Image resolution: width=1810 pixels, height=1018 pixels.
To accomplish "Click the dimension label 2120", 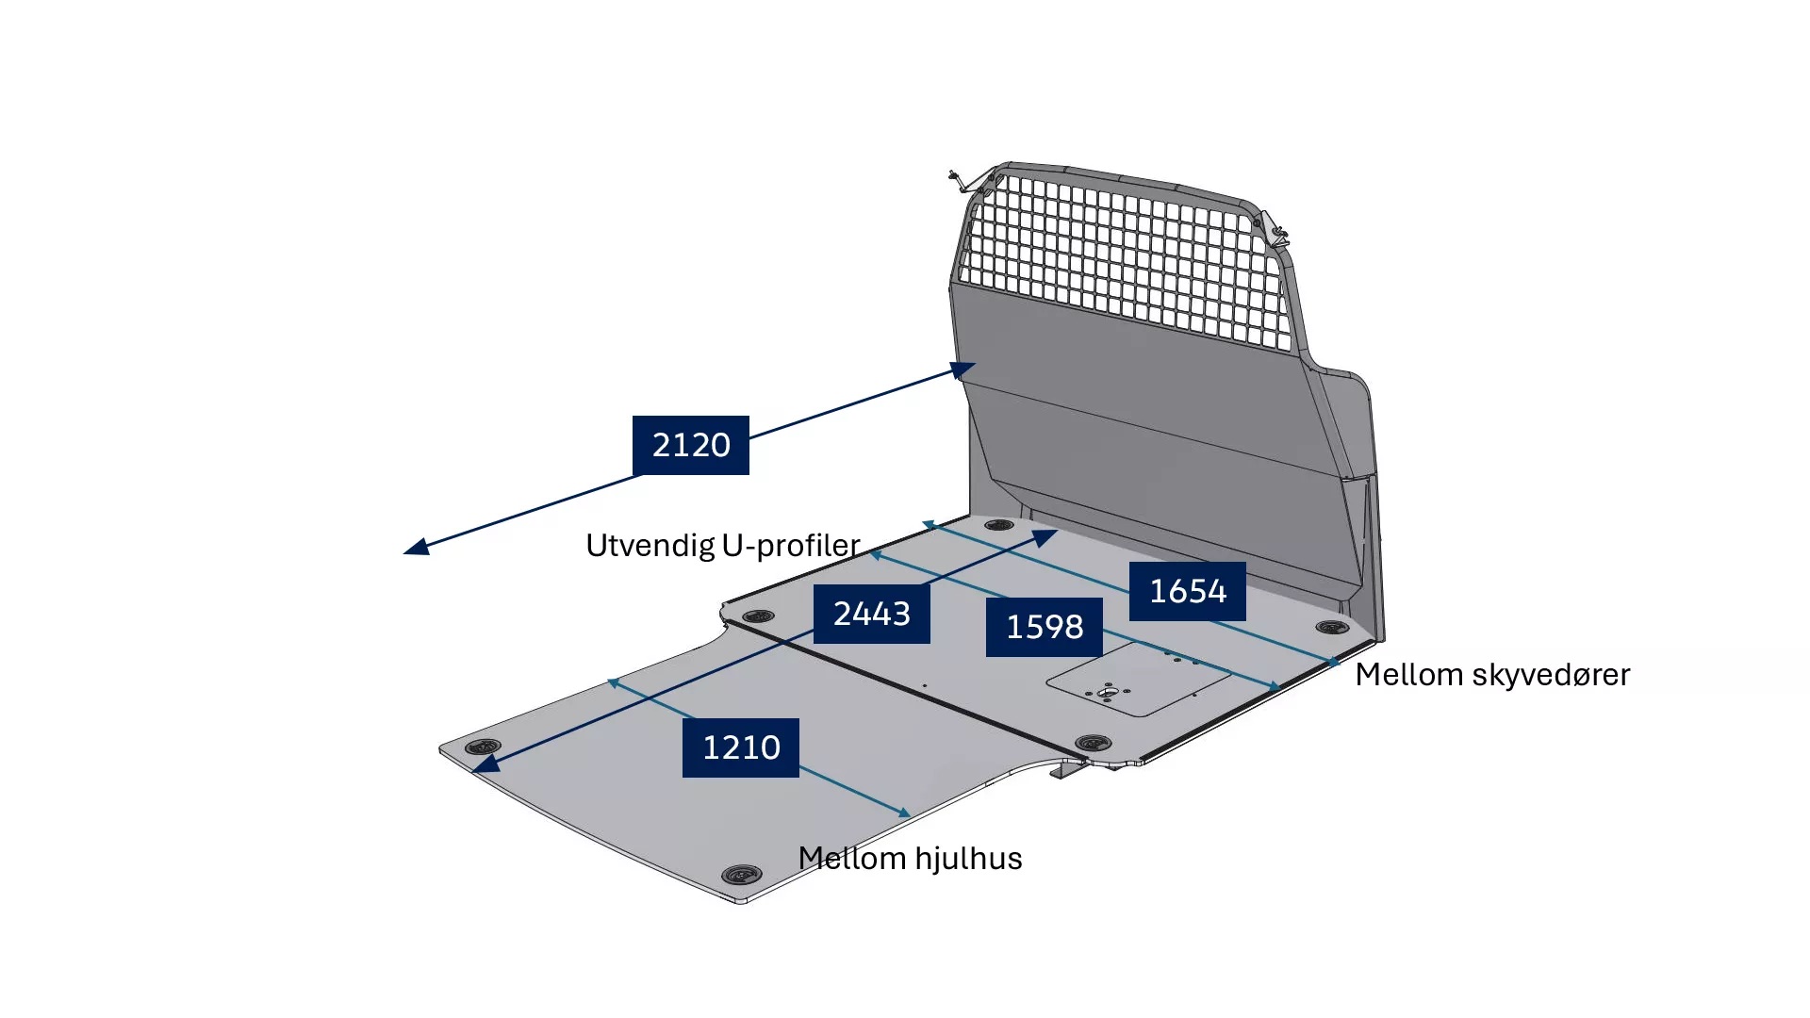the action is pyautogui.click(x=691, y=445).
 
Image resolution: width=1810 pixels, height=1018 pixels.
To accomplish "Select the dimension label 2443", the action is pyautogui.click(x=872, y=614).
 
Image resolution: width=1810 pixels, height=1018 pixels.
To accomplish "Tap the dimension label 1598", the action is pyautogui.click(x=1045, y=627).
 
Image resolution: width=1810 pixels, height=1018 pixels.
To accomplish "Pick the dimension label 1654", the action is pyautogui.click(x=1188, y=591).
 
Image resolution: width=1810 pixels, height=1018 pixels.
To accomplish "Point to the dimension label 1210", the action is pyautogui.click(x=741, y=747).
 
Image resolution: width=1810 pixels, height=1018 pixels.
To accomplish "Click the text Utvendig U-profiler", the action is pyautogui.click(x=723, y=546).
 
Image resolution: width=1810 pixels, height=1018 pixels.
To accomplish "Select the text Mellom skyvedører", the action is pyautogui.click(x=1492, y=675).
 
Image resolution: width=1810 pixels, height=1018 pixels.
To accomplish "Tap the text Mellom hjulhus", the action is pyautogui.click(x=910, y=859).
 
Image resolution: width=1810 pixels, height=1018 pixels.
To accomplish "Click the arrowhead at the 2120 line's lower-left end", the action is pyautogui.click(x=416, y=547).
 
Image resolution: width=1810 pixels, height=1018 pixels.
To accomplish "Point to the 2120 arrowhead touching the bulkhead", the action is pyautogui.click(x=963, y=369).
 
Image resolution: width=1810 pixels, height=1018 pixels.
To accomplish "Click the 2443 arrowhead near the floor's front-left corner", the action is pyautogui.click(x=485, y=764).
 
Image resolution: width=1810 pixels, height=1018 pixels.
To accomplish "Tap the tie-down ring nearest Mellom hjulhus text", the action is pyautogui.click(x=741, y=875).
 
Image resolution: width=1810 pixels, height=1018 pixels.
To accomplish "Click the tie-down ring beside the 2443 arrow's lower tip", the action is pyautogui.click(x=483, y=747).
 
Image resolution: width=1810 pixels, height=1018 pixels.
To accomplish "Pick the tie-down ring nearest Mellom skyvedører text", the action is pyautogui.click(x=1332, y=627).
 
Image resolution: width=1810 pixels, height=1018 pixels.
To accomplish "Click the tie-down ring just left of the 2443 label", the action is pyautogui.click(x=759, y=616).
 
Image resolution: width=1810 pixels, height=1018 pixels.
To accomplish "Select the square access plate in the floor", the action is pyautogui.click(x=1139, y=680).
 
